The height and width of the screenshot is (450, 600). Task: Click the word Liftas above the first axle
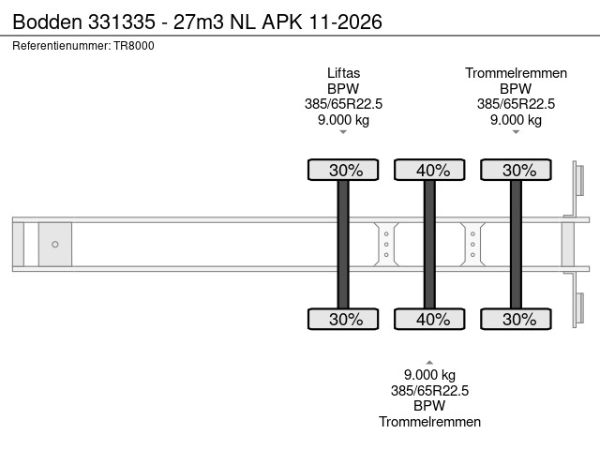click(343, 72)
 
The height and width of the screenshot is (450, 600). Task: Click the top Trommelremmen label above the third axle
click(516, 72)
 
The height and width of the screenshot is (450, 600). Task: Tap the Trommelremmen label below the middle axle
click(429, 422)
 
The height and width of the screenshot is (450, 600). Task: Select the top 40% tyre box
click(429, 170)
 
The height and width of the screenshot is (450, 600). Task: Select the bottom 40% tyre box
click(429, 319)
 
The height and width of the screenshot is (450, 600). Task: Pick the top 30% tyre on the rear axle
click(516, 170)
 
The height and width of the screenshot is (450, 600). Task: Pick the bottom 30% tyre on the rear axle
click(516, 319)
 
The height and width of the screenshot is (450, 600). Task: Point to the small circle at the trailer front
click(55, 245)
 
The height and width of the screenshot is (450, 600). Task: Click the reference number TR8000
click(134, 45)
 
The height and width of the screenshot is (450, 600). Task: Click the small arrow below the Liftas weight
click(343, 132)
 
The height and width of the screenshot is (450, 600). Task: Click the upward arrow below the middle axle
click(429, 361)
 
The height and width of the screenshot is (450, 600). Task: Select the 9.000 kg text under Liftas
click(343, 119)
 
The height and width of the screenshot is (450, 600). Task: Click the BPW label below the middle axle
click(429, 406)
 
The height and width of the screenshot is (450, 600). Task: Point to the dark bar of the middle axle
click(429, 244)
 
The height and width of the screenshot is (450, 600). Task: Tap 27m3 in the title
click(201, 22)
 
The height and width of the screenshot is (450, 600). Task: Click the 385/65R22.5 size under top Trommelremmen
click(516, 103)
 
